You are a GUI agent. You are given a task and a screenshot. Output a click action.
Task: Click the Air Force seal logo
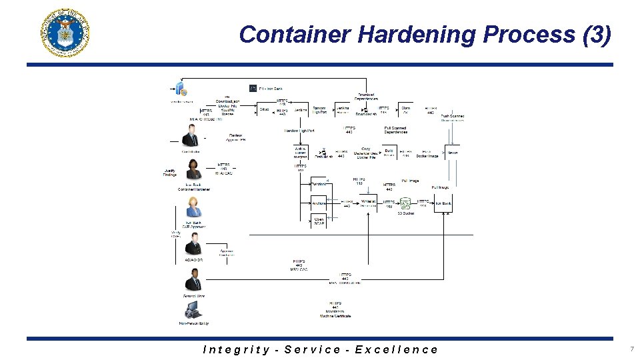click(x=65, y=33)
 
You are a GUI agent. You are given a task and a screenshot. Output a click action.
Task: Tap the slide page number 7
click(x=631, y=349)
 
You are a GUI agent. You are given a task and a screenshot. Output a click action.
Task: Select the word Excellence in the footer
click(x=397, y=349)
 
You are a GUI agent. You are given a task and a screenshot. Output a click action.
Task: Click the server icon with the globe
click(x=181, y=89)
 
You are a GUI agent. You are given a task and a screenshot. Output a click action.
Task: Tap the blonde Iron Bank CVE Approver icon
click(x=193, y=207)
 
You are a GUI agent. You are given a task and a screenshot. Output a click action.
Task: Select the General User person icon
click(x=193, y=280)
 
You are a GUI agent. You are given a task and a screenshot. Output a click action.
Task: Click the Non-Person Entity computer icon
click(x=193, y=310)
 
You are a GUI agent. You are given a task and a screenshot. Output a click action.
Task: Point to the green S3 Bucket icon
click(x=405, y=203)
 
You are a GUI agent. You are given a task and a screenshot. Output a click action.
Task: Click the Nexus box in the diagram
click(x=453, y=153)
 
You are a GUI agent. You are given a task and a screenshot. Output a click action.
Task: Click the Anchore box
click(x=319, y=203)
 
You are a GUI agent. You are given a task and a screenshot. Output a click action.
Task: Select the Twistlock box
click(x=368, y=203)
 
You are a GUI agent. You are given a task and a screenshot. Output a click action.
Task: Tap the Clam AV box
click(x=405, y=110)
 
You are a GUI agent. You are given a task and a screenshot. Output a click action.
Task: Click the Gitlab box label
click(x=265, y=110)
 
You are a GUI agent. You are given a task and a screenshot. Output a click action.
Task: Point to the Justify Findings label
click(x=170, y=172)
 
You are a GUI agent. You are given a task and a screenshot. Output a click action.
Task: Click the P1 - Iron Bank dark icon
click(x=253, y=88)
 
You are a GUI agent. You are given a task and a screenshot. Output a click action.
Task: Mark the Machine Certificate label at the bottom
click(x=335, y=314)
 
